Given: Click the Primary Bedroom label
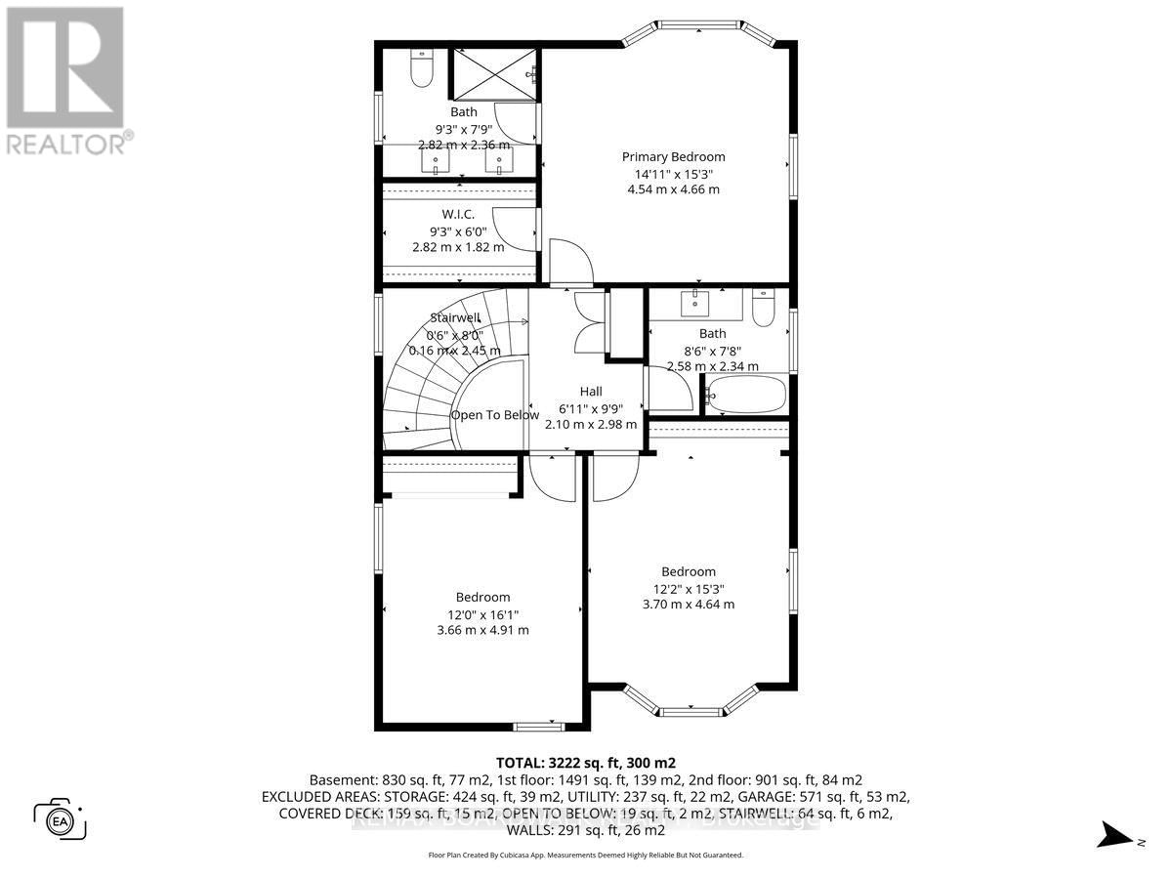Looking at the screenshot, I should [674, 156].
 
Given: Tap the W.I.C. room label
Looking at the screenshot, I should [458, 214].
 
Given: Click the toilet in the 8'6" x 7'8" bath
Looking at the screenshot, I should [764, 309].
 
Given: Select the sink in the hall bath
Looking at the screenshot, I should [696, 304].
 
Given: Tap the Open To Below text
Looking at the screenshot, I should [494, 415].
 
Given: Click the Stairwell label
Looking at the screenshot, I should [455, 317].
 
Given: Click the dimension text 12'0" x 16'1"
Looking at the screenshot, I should [482, 614].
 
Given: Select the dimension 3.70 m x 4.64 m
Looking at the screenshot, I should [689, 605].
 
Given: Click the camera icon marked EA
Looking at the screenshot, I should [61, 818].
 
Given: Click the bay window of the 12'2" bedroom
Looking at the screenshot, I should [690, 703].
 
